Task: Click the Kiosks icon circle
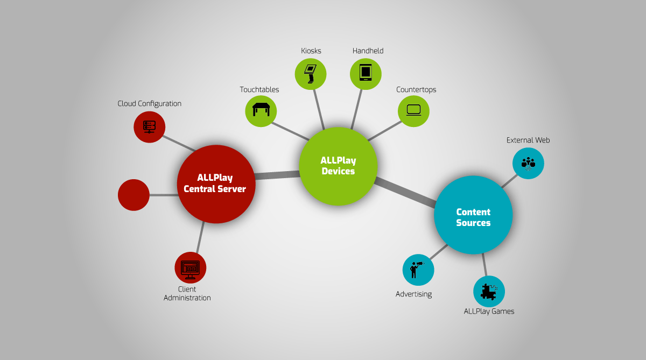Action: coord(311,74)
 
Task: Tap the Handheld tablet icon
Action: coord(366,72)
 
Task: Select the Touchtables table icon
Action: coord(261,110)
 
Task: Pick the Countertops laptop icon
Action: coord(413,110)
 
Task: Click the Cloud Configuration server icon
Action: coord(150,127)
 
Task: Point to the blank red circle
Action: coord(134,195)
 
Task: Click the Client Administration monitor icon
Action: coord(191,270)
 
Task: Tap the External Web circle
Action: coord(528,164)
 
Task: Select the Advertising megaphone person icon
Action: coord(417,270)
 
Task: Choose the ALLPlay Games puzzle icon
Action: coord(489,292)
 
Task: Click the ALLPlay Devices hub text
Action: coord(338,166)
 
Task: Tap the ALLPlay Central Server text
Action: coord(215,183)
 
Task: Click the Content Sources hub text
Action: coord(473,217)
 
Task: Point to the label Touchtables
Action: coord(259,90)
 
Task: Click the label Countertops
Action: coord(416,90)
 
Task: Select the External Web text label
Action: coord(528,140)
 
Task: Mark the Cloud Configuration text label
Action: coord(150,104)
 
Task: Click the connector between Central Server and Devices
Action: coord(277,175)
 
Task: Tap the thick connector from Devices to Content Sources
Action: coord(405,192)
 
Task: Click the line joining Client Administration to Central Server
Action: coord(200,237)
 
